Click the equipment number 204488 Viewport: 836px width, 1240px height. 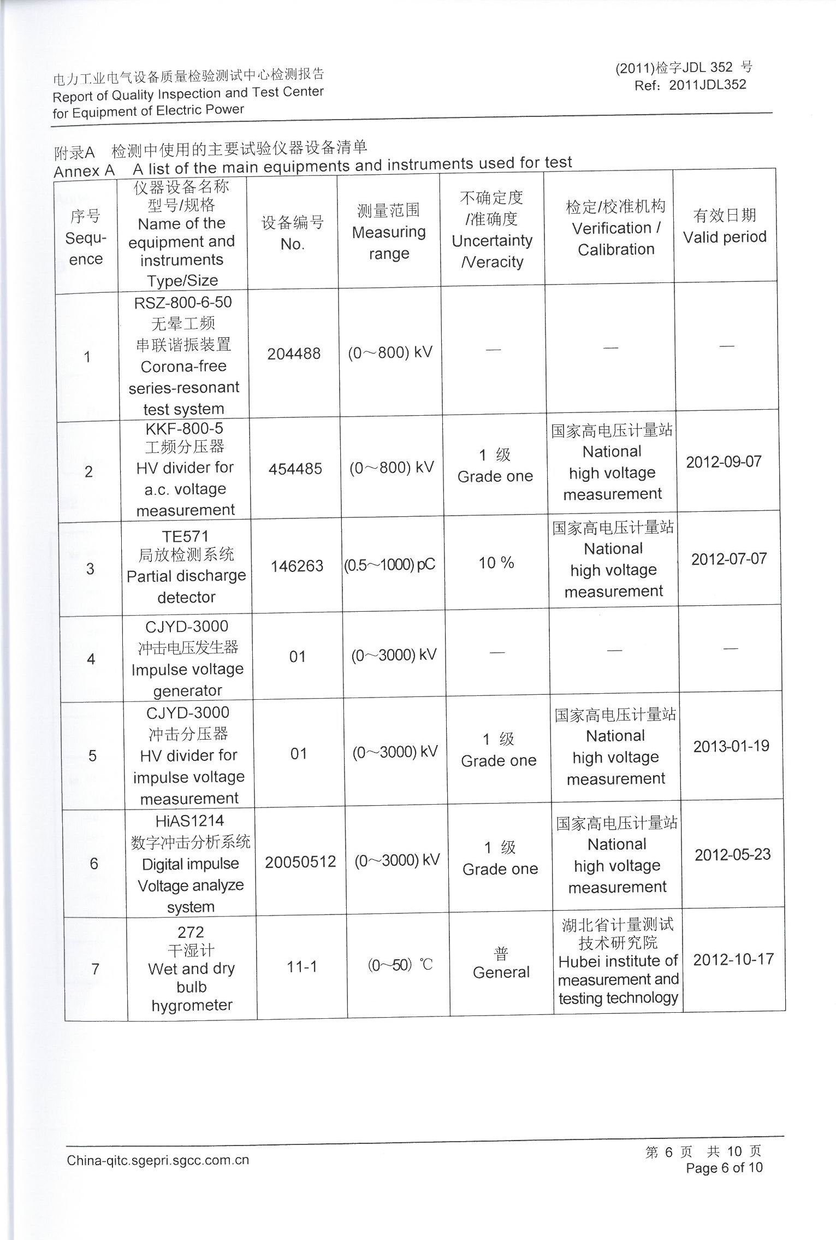point(294,354)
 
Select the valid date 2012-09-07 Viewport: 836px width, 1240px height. point(724,462)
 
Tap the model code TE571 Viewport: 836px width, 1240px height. point(185,536)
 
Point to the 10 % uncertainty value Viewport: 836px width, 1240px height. point(496,563)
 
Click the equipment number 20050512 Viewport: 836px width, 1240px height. point(300,862)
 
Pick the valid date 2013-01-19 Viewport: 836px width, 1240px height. point(731,746)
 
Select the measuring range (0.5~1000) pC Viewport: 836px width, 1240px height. point(389,565)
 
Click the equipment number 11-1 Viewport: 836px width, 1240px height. point(302,967)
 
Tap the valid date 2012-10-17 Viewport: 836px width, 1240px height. point(733,959)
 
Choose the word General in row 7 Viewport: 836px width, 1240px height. point(501,972)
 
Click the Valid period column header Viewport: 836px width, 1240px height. point(725,237)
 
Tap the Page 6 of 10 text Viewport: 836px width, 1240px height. point(724,1168)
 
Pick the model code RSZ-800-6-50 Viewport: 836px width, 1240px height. point(183,303)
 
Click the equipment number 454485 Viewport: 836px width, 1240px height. point(295,469)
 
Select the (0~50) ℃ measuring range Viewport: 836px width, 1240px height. point(400,965)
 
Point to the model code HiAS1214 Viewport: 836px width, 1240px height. point(189,821)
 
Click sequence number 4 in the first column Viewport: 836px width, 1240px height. point(91,659)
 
